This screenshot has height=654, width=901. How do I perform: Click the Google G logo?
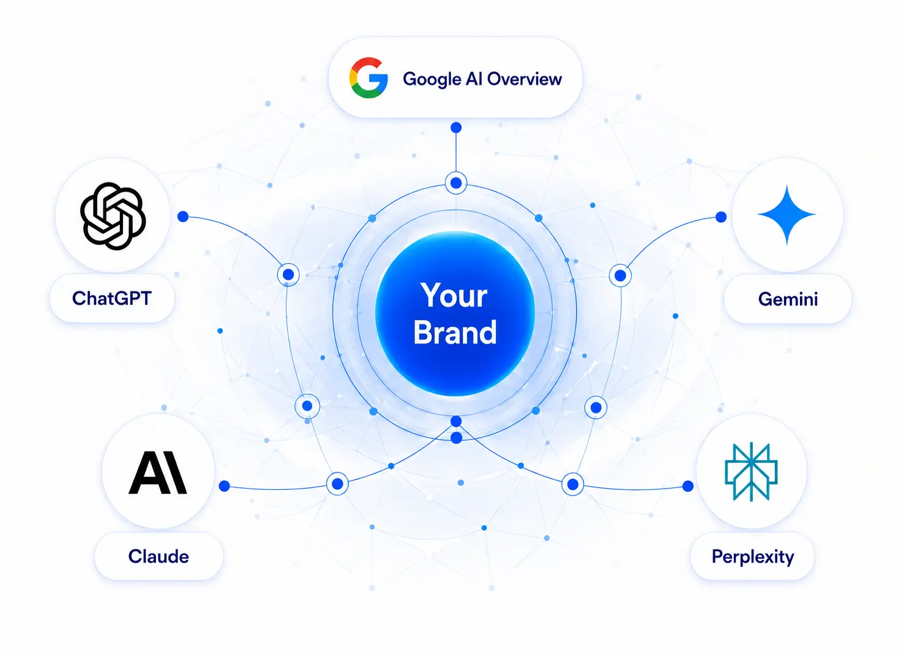click(x=368, y=78)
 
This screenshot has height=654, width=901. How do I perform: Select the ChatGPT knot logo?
click(x=113, y=216)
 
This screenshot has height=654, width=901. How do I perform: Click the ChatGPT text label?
click(x=112, y=298)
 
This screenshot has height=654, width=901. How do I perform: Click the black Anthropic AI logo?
click(x=158, y=473)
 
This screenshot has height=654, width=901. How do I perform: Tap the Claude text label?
click(x=159, y=556)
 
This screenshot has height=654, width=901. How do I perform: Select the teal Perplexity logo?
click(x=751, y=472)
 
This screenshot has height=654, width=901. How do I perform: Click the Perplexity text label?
click(x=753, y=557)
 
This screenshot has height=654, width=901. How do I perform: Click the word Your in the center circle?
click(x=454, y=295)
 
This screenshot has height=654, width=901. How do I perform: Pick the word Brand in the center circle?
click(x=455, y=333)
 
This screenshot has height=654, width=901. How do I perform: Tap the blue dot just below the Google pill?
click(x=456, y=127)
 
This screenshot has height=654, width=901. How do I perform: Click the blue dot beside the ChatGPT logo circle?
click(x=183, y=217)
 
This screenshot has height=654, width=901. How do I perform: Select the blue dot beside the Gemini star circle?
click(x=721, y=217)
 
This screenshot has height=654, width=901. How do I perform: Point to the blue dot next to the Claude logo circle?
click(x=225, y=486)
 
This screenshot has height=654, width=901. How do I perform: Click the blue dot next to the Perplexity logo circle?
click(x=688, y=486)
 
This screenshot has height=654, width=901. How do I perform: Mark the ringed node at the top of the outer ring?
click(x=456, y=183)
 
